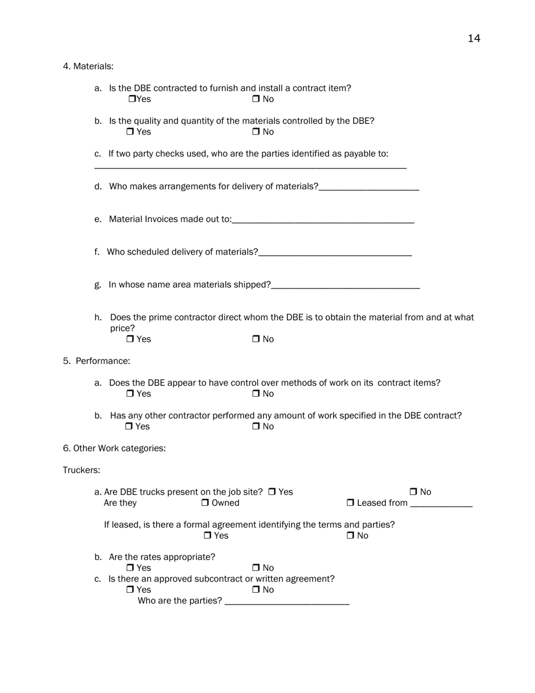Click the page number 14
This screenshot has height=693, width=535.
[x=474, y=38]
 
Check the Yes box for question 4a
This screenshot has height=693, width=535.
[x=132, y=99]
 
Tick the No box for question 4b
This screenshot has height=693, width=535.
[x=256, y=132]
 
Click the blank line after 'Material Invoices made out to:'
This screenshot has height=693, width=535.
[x=323, y=220]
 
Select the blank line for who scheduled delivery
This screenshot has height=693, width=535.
[x=335, y=253]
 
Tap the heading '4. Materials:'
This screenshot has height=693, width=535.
[x=88, y=66]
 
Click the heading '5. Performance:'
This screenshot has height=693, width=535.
[x=96, y=361]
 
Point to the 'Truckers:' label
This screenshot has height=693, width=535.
[x=81, y=470]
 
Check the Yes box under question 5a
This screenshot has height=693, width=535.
[x=130, y=394]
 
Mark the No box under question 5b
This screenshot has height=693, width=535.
[x=256, y=427]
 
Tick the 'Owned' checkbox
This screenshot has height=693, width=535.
[x=205, y=503]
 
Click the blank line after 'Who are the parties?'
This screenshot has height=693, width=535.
[x=287, y=602]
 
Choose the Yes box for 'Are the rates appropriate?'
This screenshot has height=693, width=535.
[x=130, y=568]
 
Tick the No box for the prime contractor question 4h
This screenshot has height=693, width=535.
[x=256, y=339]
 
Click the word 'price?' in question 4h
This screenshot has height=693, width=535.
[x=122, y=328]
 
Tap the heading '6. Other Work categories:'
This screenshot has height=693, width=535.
[x=114, y=448]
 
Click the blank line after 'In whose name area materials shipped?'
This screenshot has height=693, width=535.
[x=345, y=286]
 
